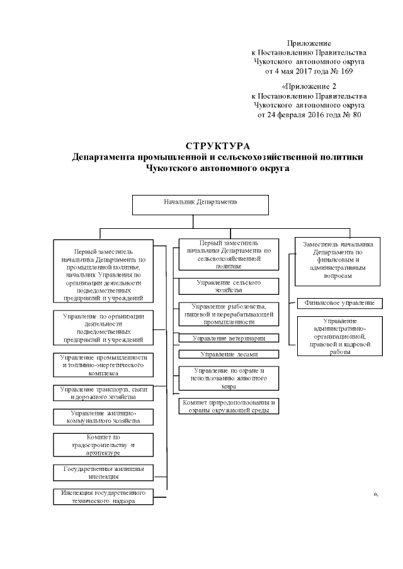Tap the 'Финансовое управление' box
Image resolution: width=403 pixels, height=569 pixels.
pyautogui.click(x=339, y=302)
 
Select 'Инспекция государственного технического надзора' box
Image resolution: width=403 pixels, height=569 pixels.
pyautogui.click(x=103, y=496)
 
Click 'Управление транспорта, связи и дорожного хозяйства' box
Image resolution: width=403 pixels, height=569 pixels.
pyautogui.click(x=103, y=394)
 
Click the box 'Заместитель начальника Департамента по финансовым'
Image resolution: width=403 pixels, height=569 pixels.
pyautogui.click(x=339, y=259)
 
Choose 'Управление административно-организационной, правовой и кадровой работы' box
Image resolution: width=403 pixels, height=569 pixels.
pyautogui.click(x=339, y=336)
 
